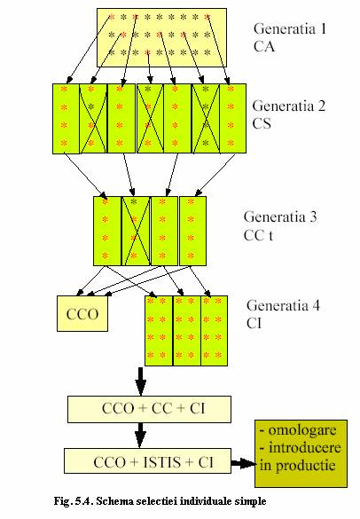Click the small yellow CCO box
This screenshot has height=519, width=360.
pos(82,313)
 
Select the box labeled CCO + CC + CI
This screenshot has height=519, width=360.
pos(149,410)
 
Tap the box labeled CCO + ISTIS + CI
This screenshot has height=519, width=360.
pos(147,460)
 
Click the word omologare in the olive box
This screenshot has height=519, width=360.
pos(302,430)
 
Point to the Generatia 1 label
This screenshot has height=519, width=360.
pos(290,28)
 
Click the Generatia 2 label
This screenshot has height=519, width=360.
pos(289,106)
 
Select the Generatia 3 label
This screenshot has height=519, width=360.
pos(280,216)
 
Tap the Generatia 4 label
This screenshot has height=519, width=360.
pos(283,305)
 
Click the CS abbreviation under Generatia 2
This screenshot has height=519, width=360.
pos(262,123)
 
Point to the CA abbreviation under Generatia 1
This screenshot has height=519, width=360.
pos(264,46)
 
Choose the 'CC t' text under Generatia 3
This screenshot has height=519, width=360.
pos(258,235)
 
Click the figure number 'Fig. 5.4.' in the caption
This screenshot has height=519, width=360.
pos(74,501)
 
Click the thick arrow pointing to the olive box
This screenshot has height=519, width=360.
pos(243,463)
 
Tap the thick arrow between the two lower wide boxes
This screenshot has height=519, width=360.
pos(140,436)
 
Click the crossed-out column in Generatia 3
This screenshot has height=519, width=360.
pos(136,231)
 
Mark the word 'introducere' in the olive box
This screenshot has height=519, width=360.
pos(305,447)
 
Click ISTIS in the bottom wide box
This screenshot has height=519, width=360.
pos(162,462)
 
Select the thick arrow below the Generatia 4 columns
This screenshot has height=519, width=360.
pos(141,381)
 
